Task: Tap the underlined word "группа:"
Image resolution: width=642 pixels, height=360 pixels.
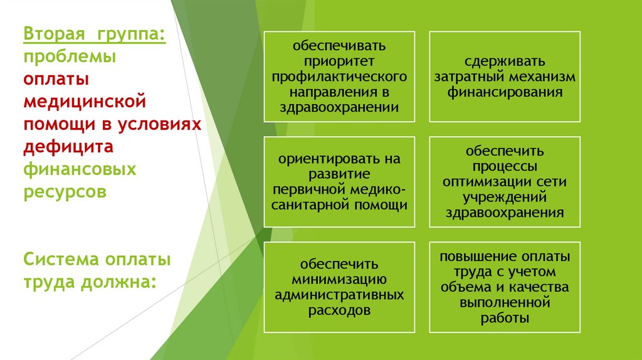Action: (131, 33)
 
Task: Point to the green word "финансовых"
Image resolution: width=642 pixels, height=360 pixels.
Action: (80, 169)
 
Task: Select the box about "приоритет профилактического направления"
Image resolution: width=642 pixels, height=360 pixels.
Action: (339, 77)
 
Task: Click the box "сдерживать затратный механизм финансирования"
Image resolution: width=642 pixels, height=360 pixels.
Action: (505, 77)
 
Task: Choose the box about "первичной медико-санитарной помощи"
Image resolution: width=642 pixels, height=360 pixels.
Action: (339, 181)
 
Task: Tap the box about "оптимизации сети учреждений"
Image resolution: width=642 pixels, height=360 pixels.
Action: (505, 181)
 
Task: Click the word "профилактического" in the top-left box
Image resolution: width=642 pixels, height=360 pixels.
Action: (339, 77)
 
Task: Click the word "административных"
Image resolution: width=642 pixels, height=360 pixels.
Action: (339, 294)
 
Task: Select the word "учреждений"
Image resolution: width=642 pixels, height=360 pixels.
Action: (505, 197)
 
